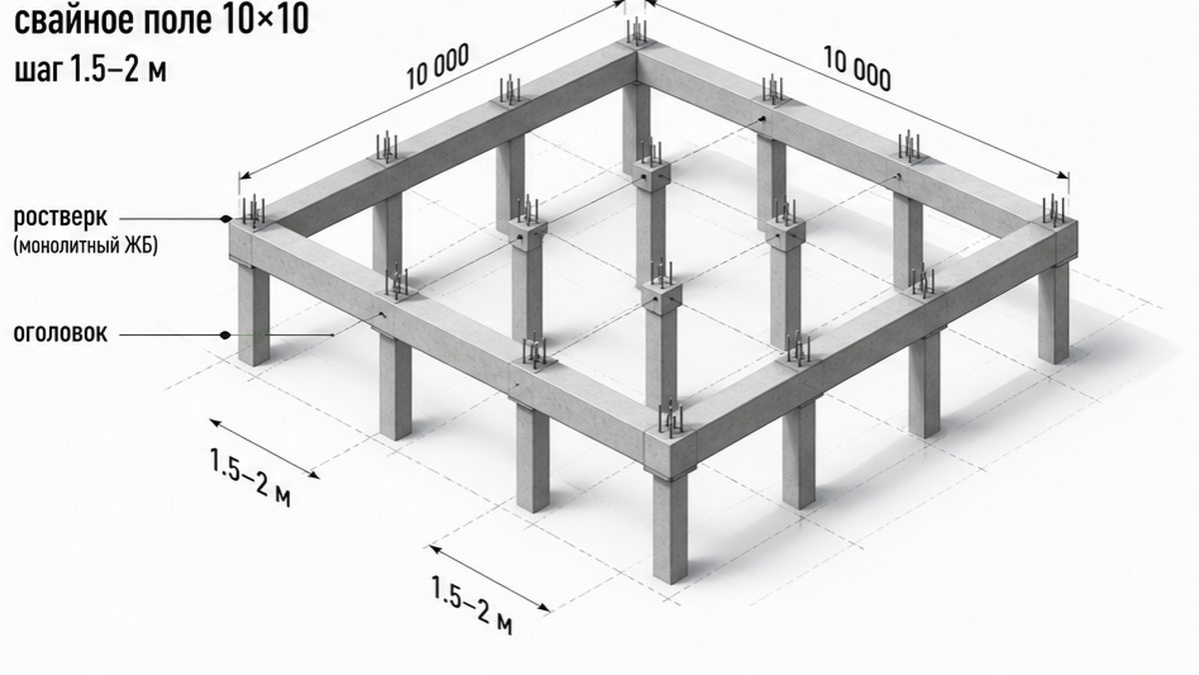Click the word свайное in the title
point(73,22)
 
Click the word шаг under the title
point(35,71)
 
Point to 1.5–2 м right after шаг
point(118,69)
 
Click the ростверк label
point(60,218)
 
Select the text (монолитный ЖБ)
point(86,247)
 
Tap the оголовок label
point(60,333)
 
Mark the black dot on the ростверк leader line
point(227,219)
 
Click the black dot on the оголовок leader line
point(227,335)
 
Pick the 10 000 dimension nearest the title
point(438,66)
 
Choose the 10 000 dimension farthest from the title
point(856,69)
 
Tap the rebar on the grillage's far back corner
point(637,31)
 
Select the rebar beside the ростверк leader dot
point(253,211)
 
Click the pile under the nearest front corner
point(669,528)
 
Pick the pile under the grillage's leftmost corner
point(253,314)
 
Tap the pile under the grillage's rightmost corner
point(1053,313)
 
